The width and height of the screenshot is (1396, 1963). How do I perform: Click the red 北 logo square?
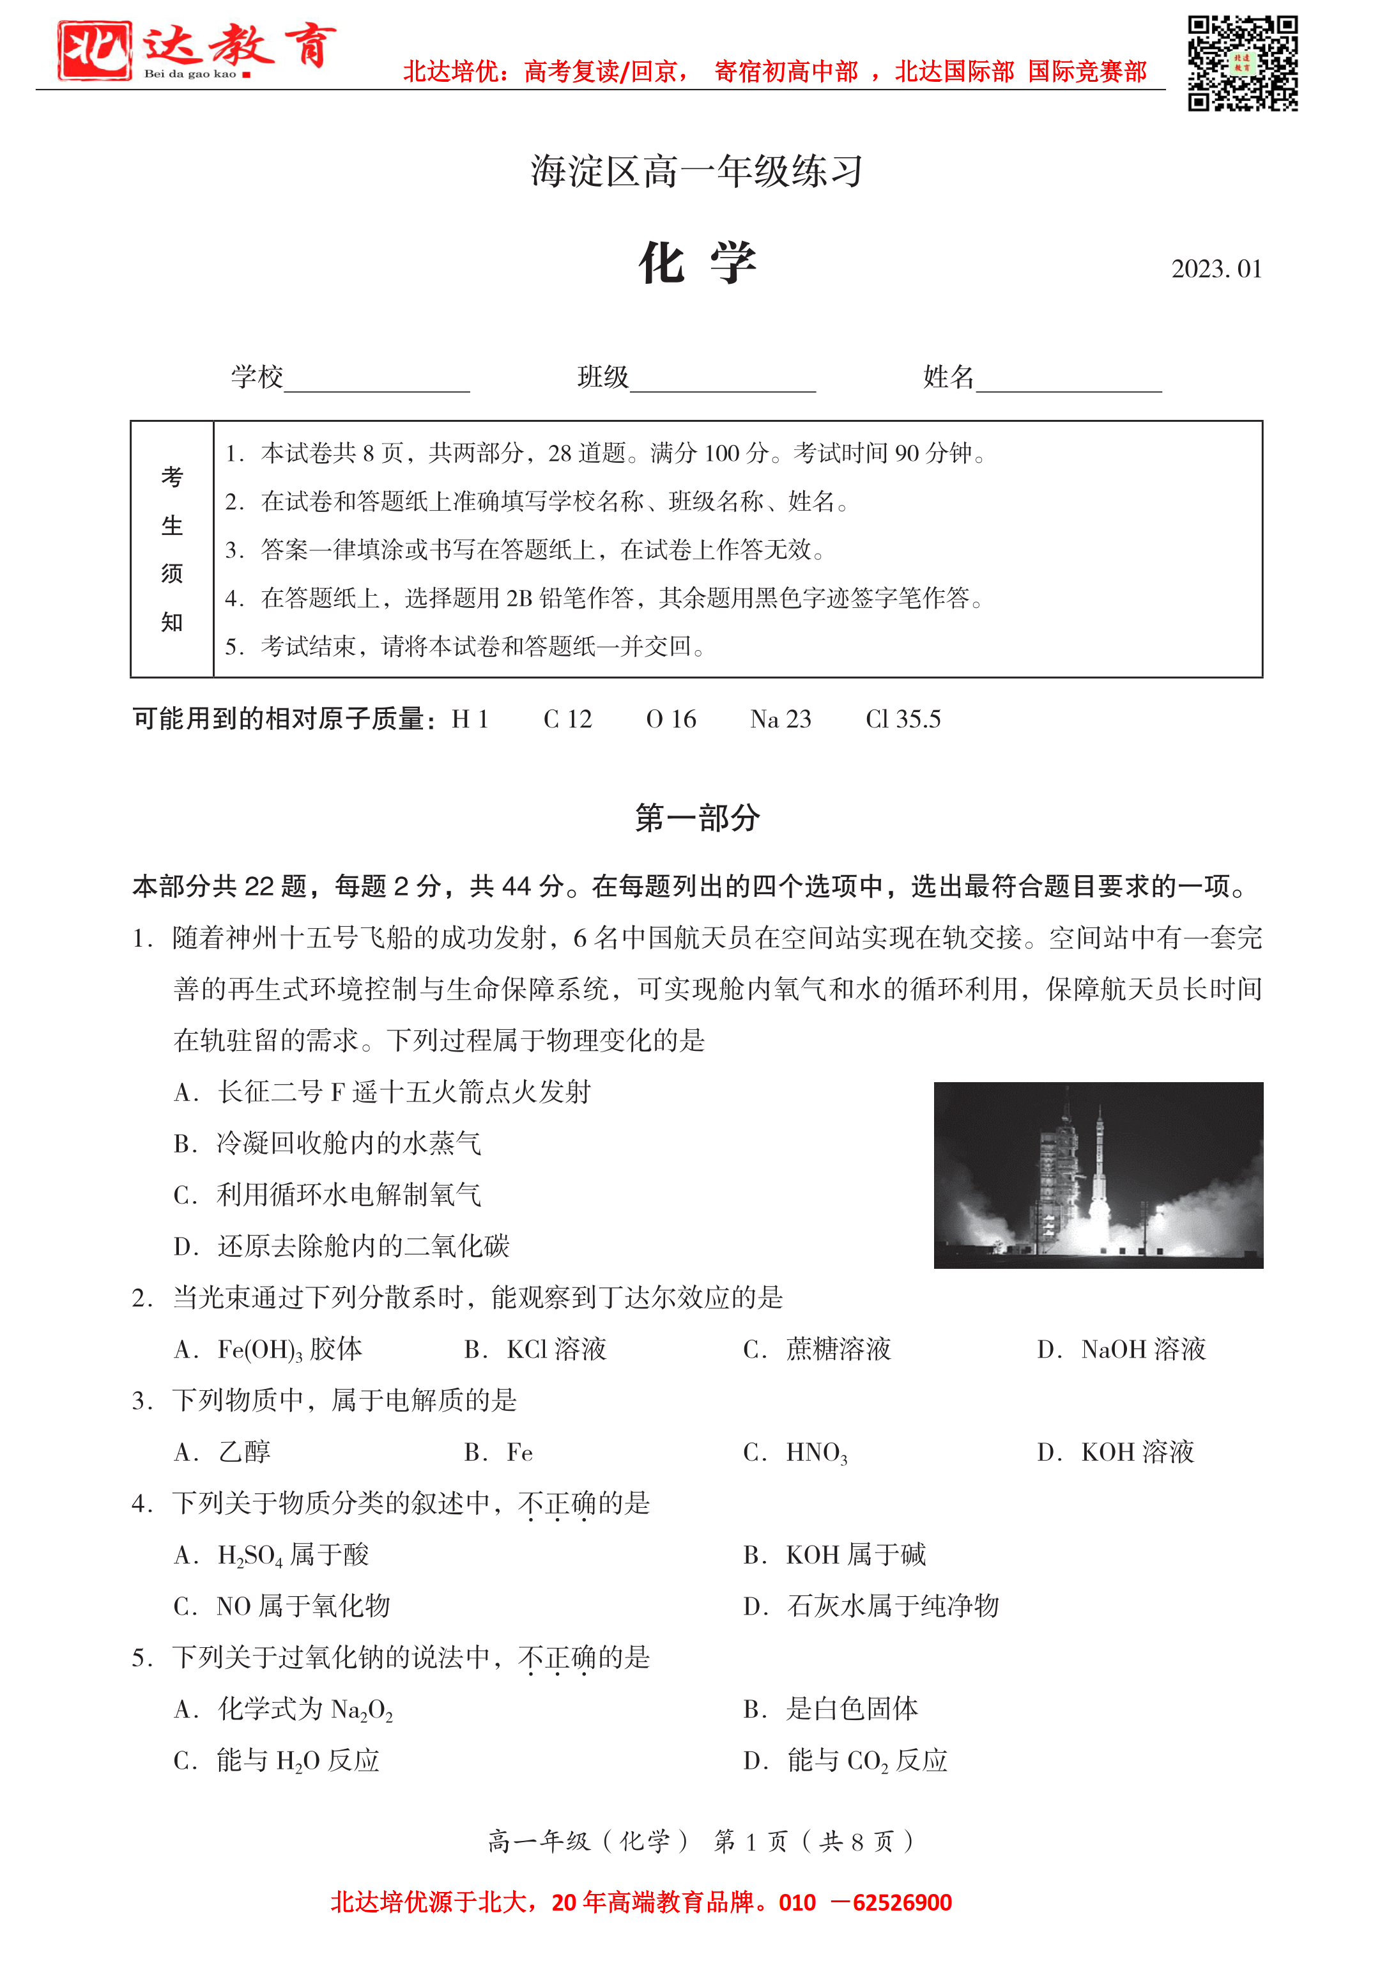pyautogui.click(x=95, y=50)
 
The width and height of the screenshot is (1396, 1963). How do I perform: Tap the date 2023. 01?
pyautogui.click(x=1215, y=269)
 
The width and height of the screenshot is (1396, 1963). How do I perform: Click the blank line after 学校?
pyautogui.click(x=376, y=383)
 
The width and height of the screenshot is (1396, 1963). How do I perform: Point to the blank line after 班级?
pyautogui.click(x=723, y=383)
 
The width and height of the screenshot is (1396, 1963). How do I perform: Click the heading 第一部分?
pyautogui.click(x=697, y=818)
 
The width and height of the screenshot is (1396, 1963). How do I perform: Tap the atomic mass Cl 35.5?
pyautogui.click(x=903, y=719)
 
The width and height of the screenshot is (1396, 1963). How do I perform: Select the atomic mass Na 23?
pyautogui.click(x=779, y=719)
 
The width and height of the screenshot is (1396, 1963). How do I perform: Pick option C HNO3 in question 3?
pyautogui.click(x=795, y=1452)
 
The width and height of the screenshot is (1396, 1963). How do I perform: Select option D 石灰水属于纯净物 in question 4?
pyautogui.click(x=871, y=1605)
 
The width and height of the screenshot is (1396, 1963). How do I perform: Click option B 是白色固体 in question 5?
pyautogui.click(x=831, y=1709)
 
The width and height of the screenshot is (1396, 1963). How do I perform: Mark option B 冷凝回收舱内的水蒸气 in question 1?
pyautogui.click(x=328, y=1143)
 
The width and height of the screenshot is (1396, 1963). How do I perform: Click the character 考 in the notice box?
pyautogui.click(x=172, y=476)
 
